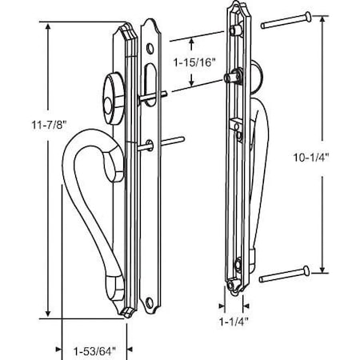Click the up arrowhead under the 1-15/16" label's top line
pos(192,40)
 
